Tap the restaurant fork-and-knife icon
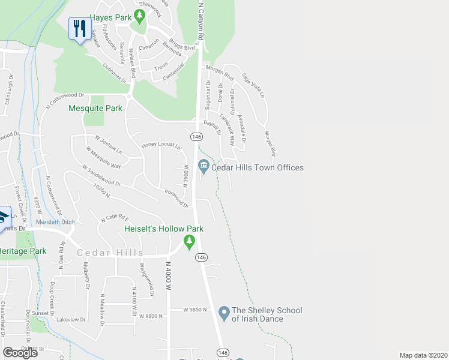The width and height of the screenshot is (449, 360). (79, 28)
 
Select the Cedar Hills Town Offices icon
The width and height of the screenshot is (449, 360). (203, 166)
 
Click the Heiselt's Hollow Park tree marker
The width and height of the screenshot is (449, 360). (190, 241)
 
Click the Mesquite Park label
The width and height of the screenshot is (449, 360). (95, 109)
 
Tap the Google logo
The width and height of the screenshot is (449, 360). (20, 353)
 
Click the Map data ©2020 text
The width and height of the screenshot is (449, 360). (423, 355)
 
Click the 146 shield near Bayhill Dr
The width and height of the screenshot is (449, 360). (196, 137)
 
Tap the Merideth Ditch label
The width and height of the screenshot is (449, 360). (56, 222)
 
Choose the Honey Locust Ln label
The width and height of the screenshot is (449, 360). (161, 146)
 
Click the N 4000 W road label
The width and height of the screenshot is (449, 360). (169, 276)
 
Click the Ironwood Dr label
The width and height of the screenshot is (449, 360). (176, 198)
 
